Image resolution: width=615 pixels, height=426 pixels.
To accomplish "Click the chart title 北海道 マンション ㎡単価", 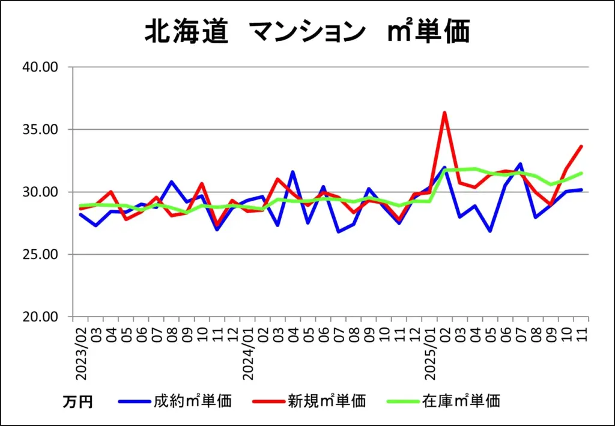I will click(x=307, y=32).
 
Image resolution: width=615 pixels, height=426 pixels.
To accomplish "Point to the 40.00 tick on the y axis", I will click(x=39, y=67).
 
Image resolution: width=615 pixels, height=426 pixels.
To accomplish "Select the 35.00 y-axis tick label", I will click(x=39, y=129).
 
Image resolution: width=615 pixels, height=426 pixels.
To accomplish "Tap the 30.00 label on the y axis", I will click(x=39, y=192).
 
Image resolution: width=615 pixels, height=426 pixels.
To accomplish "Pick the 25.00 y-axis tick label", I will click(x=39, y=254).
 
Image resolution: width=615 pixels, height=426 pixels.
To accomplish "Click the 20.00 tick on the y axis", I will click(x=39, y=317).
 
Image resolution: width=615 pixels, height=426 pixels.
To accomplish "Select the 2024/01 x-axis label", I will click(x=247, y=353).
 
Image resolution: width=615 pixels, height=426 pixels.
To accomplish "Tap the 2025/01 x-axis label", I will click(x=430, y=353).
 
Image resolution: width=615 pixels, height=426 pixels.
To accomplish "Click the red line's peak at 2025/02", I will click(x=444, y=112).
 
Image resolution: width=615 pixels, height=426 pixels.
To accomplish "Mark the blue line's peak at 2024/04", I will click(x=292, y=172).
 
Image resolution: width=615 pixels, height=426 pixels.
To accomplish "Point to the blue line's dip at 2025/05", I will click(x=491, y=231).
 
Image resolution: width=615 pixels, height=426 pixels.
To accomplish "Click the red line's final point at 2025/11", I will click(x=581, y=146).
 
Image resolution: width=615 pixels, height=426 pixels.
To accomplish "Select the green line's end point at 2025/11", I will click(x=581, y=173).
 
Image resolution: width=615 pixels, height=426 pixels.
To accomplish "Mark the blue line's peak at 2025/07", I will click(x=520, y=163).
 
